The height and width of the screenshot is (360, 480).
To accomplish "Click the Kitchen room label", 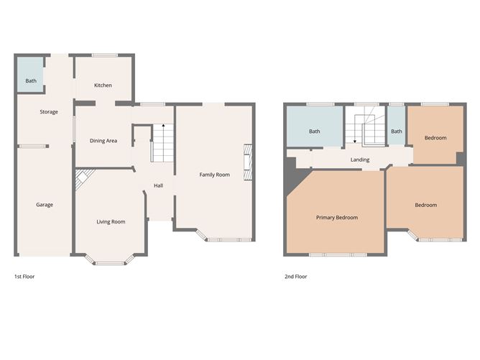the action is (103, 85).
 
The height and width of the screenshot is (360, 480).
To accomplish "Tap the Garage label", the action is (45, 205).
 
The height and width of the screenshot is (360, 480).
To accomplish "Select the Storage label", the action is (49, 111).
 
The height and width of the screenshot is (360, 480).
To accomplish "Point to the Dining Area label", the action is (103, 141).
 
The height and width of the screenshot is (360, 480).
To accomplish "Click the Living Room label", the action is (111, 221).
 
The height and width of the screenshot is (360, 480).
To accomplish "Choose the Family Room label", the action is (214, 175).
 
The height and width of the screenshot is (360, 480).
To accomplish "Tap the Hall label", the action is (158, 185).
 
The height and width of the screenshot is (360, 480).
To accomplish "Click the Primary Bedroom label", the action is (337, 217).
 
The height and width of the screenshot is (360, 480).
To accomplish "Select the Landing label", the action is (360, 160).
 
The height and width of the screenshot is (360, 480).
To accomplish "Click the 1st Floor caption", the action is (24, 277).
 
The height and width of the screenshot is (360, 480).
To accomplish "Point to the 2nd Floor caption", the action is (296, 277).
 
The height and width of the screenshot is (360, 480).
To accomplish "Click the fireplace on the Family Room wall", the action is (248, 162).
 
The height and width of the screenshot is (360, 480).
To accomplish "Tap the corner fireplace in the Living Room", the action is (83, 177).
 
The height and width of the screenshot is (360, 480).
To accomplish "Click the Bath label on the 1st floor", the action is (31, 80).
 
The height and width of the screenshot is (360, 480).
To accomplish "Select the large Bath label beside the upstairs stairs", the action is (315, 131).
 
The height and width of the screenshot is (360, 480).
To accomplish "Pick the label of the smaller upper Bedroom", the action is (435, 138).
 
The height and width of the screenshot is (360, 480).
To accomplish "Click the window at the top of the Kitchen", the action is (105, 55).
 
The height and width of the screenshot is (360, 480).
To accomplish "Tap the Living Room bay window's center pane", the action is (110, 263).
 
